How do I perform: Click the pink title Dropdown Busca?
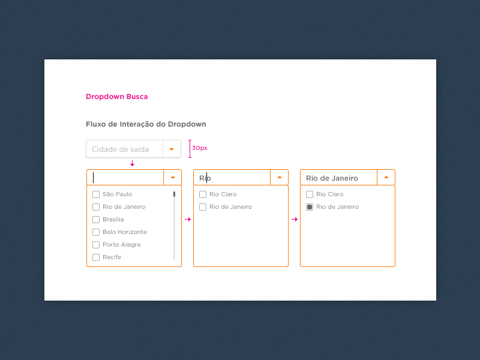click(x=116, y=97)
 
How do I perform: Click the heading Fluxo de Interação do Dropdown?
click(x=146, y=124)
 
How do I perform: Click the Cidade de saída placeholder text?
click(x=120, y=149)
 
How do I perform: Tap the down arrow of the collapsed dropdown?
click(x=172, y=149)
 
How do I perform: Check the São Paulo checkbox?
click(x=96, y=194)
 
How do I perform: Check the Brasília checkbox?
click(x=96, y=220)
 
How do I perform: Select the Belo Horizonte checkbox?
click(x=96, y=232)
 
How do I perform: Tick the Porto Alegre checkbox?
click(x=96, y=245)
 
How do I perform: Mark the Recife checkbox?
click(x=96, y=257)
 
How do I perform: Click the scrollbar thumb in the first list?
click(x=174, y=194)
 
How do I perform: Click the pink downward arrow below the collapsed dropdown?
click(x=132, y=163)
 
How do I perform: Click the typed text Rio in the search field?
click(x=205, y=178)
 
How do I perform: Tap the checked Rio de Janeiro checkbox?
click(x=310, y=207)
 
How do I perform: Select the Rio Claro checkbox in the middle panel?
click(x=203, y=194)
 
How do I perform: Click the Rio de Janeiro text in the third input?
click(x=332, y=178)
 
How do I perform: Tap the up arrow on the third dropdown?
click(x=386, y=177)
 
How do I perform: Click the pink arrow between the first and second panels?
click(x=188, y=220)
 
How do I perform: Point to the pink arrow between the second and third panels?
click(x=295, y=220)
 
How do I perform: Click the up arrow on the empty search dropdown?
click(x=172, y=177)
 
